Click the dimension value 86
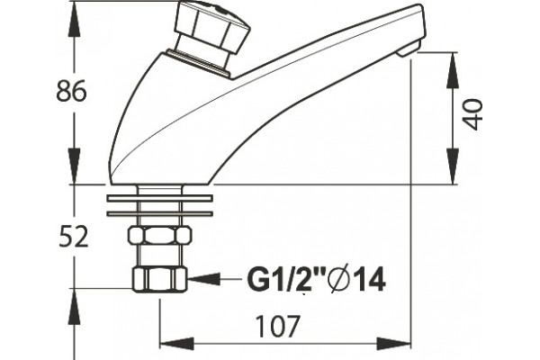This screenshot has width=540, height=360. (x=71, y=91)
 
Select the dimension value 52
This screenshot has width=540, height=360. (x=74, y=237)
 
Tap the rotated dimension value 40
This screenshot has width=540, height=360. (x=472, y=114)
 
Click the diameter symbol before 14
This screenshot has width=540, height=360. (x=339, y=280)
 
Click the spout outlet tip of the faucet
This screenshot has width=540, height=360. (x=409, y=50)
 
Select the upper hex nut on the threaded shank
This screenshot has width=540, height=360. (x=159, y=236)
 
